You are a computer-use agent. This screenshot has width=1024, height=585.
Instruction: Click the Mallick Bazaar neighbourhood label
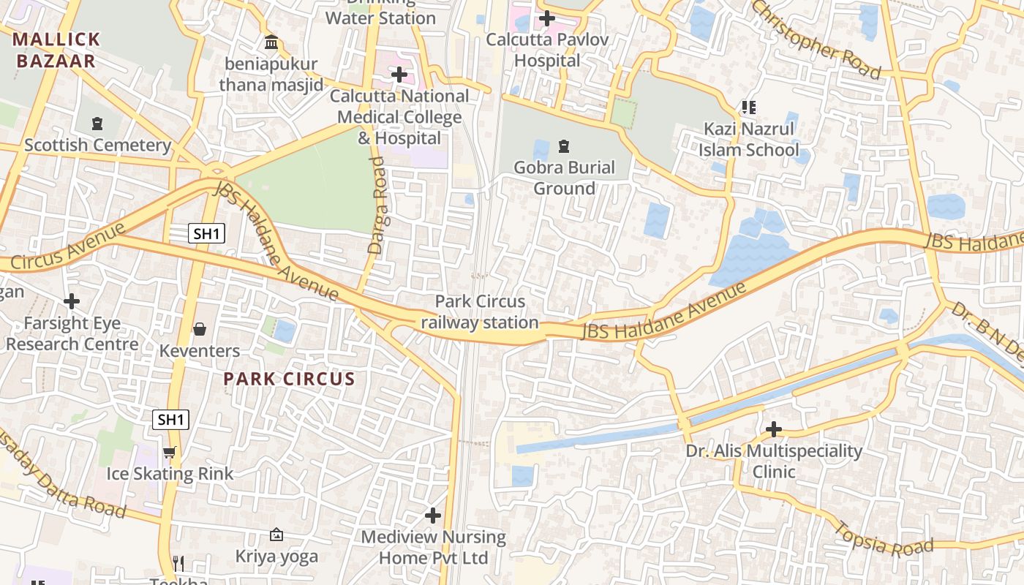(x=56, y=50)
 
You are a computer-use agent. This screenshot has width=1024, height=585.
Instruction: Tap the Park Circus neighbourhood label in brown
(x=289, y=379)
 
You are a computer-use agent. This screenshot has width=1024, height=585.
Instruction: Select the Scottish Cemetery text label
(x=97, y=145)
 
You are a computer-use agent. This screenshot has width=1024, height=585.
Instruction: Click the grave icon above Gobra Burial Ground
(x=564, y=146)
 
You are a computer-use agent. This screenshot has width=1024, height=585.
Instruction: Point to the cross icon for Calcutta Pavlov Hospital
(x=547, y=18)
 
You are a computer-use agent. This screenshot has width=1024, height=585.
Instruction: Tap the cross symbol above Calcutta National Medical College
(x=399, y=75)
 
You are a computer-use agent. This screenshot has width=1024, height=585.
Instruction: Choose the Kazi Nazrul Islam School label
(x=748, y=140)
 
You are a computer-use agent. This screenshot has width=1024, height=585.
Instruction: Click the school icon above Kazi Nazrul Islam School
(x=748, y=108)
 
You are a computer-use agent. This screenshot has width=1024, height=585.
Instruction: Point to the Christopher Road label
(x=816, y=38)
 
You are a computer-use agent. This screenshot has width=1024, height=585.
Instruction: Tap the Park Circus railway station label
(x=480, y=312)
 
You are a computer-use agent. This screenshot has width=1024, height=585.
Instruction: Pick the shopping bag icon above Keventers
(x=200, y=329)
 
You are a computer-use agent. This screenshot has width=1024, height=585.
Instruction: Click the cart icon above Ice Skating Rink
(x=170, y=452)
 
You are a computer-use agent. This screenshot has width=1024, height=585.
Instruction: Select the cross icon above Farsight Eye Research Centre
(x=72, y=301)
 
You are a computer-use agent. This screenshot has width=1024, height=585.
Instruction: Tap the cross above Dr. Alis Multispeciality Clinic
(x=774, y=429)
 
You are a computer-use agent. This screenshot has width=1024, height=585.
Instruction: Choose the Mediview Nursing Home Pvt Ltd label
(x=434, y=547)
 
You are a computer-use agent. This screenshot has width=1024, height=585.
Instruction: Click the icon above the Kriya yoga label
(x=276, y=535)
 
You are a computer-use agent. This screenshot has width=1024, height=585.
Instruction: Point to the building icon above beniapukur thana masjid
(x=272, y=42)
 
